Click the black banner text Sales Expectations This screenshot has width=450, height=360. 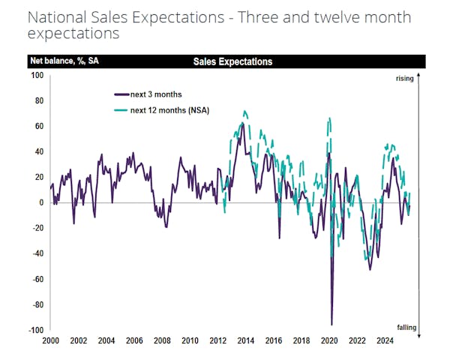click(232, 61)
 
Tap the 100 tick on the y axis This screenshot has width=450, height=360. click(37, 75)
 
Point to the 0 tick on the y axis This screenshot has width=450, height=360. click(41, 202)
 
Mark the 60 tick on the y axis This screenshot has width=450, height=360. click(39, 126)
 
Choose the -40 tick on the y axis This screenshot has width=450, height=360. click(37, 253)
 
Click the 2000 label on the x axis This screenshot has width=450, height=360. click(51, 340)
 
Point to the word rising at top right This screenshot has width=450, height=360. click(405, 78)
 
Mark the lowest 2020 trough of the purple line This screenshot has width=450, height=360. click(331, 324)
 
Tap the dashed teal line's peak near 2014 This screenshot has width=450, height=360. click(244, 111)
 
